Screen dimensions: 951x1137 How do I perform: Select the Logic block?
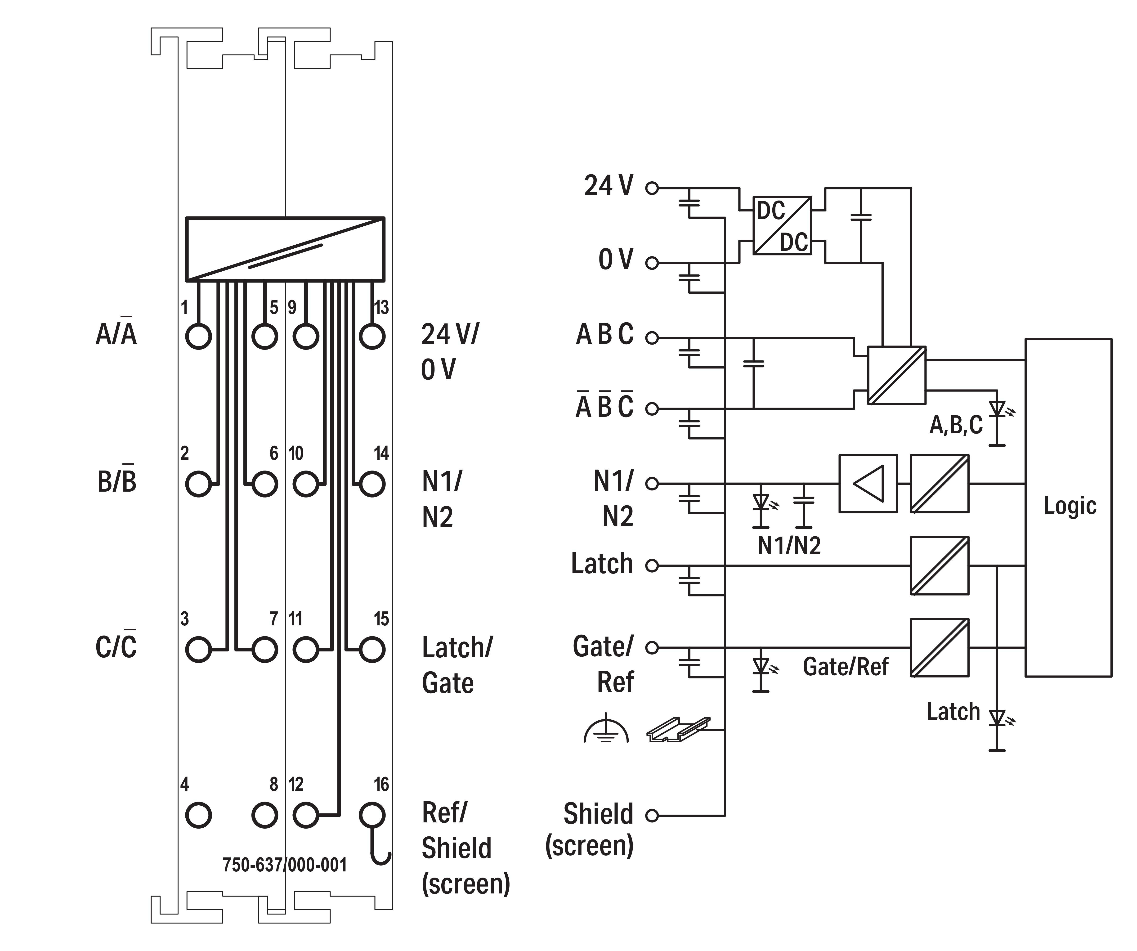click(1068, 507)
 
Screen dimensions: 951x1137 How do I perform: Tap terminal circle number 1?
click(198, 336)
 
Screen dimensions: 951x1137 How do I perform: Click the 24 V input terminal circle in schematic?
click(652, 188)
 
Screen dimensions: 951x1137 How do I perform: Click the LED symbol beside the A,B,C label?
click(997, 409)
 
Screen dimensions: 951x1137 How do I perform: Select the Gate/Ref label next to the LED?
click(845, 667)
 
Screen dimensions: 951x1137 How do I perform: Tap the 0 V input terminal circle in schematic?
click(652, 263)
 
